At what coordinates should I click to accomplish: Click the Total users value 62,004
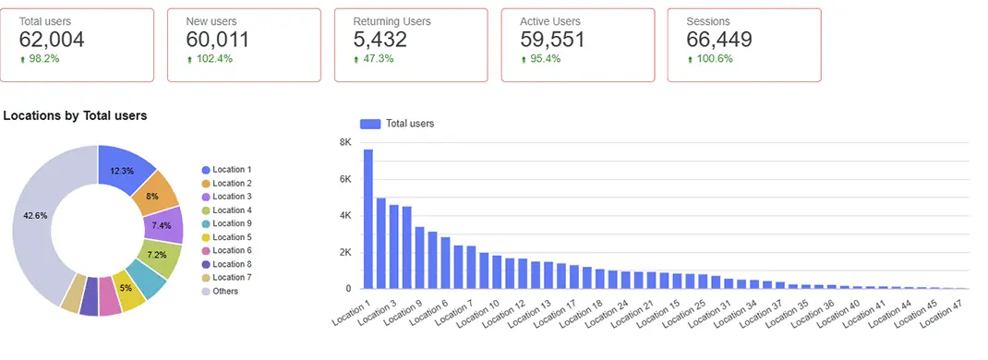coord(52,39)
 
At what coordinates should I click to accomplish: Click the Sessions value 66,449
coord(719,39)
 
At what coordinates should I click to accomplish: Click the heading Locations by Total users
coord(76,116)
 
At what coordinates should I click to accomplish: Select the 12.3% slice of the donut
coord(122,171)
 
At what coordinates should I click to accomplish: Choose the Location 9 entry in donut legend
coord(231,223)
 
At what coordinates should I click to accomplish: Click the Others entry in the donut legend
coord(224,291)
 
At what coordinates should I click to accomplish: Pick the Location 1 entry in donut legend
coord(231,170)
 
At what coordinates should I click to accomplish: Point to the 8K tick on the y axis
coord(345,143)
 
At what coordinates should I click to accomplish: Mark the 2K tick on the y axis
coord(345,252)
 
